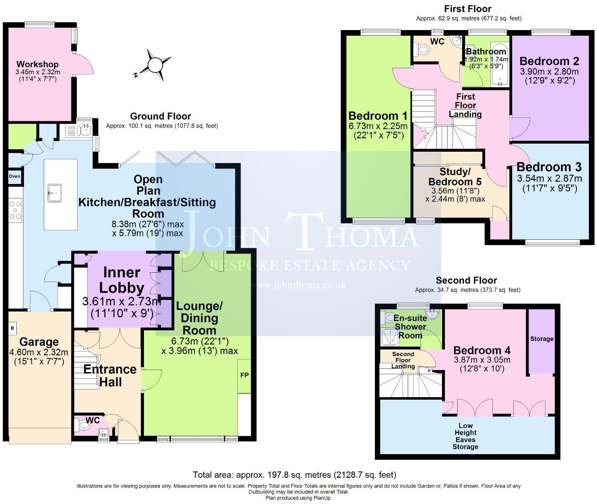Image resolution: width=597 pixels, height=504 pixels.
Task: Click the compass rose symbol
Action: (154, 65)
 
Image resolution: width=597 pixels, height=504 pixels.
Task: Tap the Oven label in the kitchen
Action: (15, 176)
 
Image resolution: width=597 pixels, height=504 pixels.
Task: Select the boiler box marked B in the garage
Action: (12, 328)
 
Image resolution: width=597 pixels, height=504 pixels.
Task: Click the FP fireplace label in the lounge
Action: (244, 375)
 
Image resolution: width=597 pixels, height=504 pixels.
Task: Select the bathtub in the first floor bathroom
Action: (499, 64)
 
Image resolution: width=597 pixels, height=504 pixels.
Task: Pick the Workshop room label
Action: (37, 64)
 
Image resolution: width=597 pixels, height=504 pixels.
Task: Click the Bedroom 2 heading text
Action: (549, 61)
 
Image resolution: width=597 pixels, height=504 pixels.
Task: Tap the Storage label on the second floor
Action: (541, 339)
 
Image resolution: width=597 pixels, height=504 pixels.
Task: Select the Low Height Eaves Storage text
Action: (465, 436)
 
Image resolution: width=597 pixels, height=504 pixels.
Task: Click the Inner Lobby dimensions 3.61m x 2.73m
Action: (121, 302)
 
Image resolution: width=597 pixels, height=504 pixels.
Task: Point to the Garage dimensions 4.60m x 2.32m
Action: (39, 352)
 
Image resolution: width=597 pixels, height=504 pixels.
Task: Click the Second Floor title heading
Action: (466, 280)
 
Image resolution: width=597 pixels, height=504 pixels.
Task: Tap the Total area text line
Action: (294, 475)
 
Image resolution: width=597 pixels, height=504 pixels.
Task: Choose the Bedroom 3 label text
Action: (549, 167)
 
